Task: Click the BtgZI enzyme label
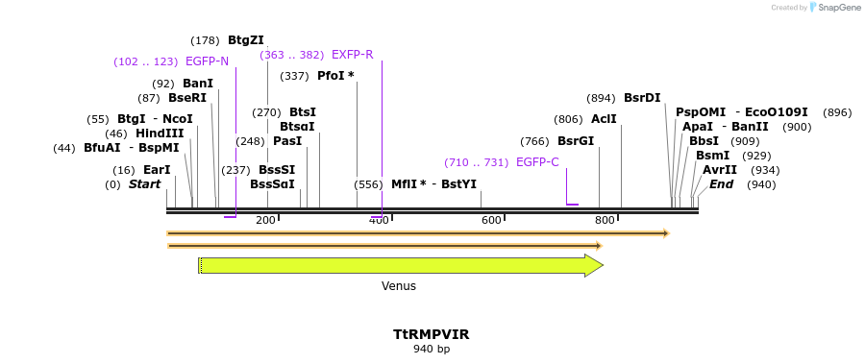click(x=245, y=40)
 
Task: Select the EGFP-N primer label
click(x=207, y=61)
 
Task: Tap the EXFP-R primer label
click(x=352, y=55)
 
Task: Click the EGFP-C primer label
click(x=536, y=162)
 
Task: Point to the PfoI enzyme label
click(x=335, y=76)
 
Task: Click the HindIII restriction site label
click(x=159, y=133)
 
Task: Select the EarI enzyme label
click(x=157, y=170)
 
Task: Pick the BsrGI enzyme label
click(x=576, y=141)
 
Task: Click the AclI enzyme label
click(x=604, y=119)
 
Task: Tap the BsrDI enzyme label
click(x=642, y=98)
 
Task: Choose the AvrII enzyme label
click(x=720, y=170)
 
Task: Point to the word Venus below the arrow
click(x=399, y=286)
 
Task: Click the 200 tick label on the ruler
click(x=266, y=221)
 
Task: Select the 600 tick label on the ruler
click(x=491, y=221)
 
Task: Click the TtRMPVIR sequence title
click(x=431, y=334)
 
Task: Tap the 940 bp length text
click(x=431, y=350)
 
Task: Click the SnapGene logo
click(x=835, y=8)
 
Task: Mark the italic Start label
click(x=145, y=184)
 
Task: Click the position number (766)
click(x=534, y=141)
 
